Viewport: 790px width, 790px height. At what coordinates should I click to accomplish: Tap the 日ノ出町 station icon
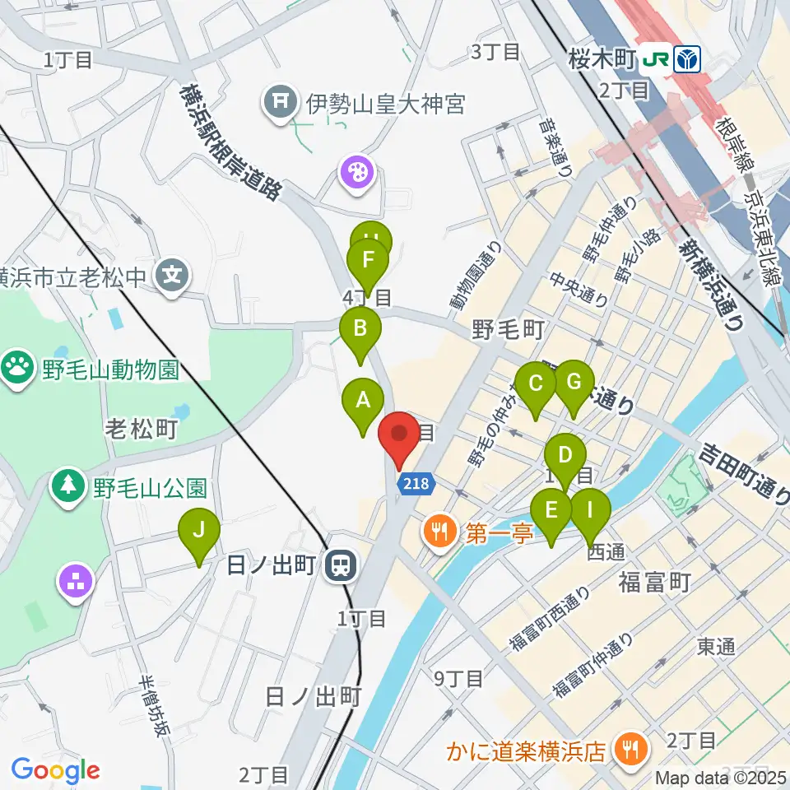click(338, 565)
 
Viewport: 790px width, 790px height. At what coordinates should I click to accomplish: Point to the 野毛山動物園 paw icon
click(17, 365)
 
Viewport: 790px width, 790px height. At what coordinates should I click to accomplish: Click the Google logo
click(55, 771)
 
